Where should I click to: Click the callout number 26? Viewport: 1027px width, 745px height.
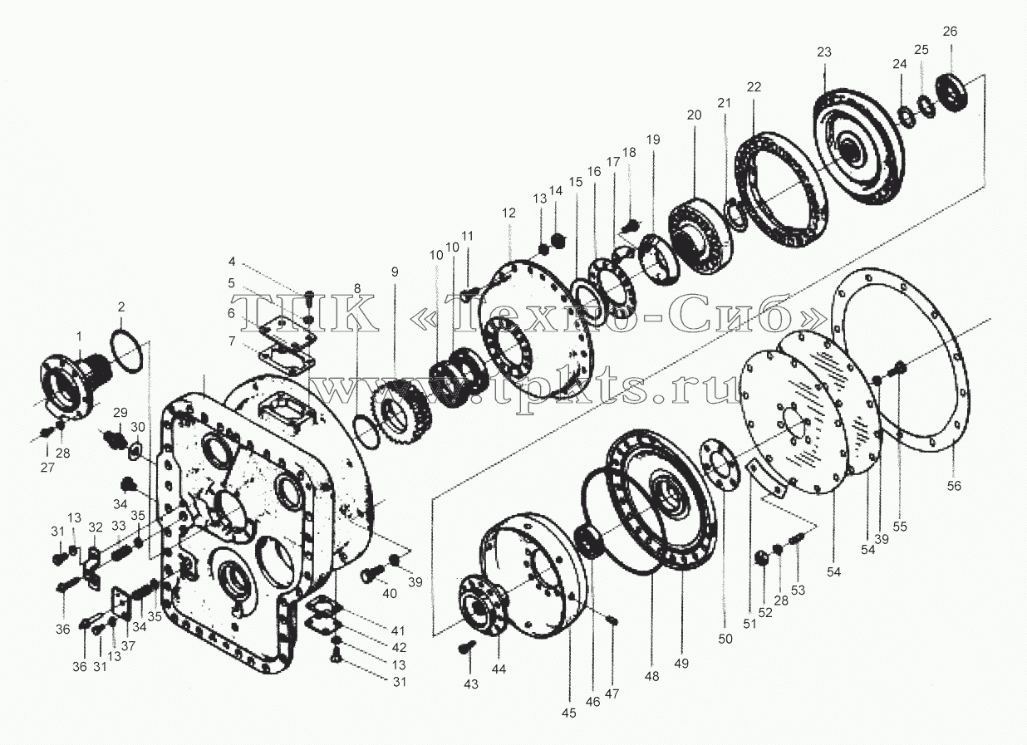tap(950, 32)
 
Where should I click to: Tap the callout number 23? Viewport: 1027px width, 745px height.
tap(824, 52)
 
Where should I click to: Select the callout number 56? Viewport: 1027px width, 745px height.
tap(954, 486)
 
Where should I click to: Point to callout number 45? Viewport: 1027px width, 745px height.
tap(568, 713)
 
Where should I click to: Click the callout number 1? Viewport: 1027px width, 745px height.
tap(79, 336)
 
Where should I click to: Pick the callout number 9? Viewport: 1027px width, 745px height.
tap(395, 272)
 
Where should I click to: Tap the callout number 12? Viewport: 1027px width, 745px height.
tap(509, 213)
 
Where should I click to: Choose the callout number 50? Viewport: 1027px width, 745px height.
tap(725, 639)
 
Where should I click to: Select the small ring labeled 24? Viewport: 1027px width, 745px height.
tap(907, 117)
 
